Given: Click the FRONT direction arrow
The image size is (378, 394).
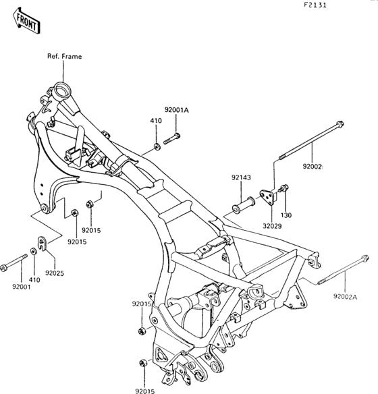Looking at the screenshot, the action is click(26, 21).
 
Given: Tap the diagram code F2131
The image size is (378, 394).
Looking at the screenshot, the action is click(315, 5).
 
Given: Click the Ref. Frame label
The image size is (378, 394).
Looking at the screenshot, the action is click(65, 56).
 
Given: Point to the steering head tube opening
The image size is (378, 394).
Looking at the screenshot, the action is click(62, 90).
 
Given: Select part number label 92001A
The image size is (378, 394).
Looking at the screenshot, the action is click(177, 110).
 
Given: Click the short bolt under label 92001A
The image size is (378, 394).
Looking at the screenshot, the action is click(172, 139).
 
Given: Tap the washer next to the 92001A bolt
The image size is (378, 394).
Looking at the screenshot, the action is click(157, 146).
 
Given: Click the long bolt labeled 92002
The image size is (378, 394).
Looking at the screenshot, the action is click(311, 140).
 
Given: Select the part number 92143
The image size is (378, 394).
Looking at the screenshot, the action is click(241, 177).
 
